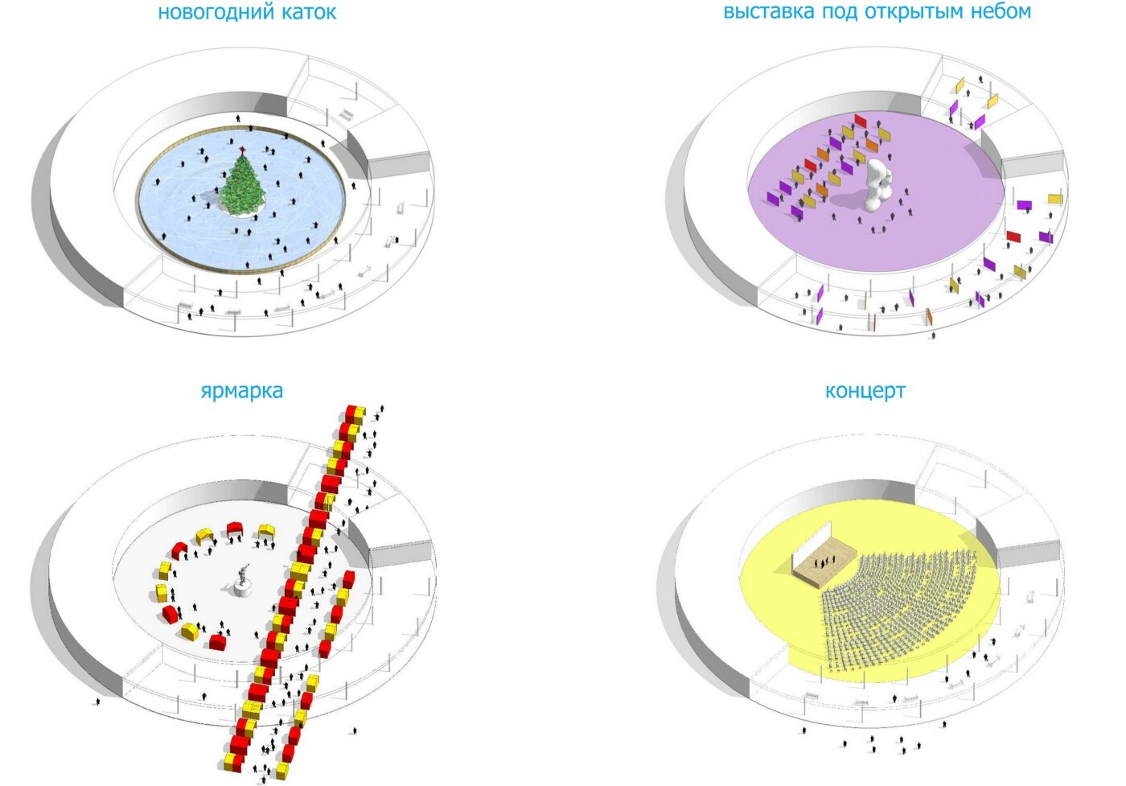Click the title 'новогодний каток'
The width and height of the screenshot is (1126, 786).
(246, 12)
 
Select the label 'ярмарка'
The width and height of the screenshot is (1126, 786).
(241, 391)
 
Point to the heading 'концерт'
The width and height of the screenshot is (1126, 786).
(865, 391)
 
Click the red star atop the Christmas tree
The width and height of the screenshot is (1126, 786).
(241, 149)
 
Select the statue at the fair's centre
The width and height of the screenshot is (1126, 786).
(244, 574)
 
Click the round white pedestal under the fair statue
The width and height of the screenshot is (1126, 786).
(244, 591)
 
